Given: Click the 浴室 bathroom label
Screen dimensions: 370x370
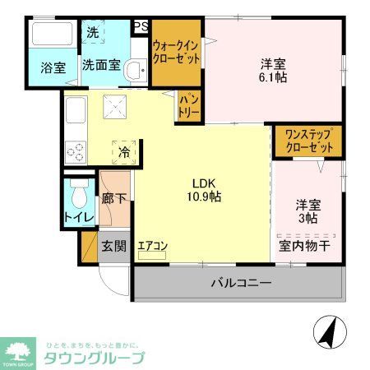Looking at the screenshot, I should click(53, 68).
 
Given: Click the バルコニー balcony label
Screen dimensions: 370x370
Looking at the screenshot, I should click(241, 284).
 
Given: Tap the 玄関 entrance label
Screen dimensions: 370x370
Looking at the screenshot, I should click(113, 245).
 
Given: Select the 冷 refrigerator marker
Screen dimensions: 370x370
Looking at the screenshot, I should click(123, 152).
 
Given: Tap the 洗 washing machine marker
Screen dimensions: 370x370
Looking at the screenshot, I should click(93, 35).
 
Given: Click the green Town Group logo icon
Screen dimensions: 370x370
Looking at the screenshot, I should click(17, 349).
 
